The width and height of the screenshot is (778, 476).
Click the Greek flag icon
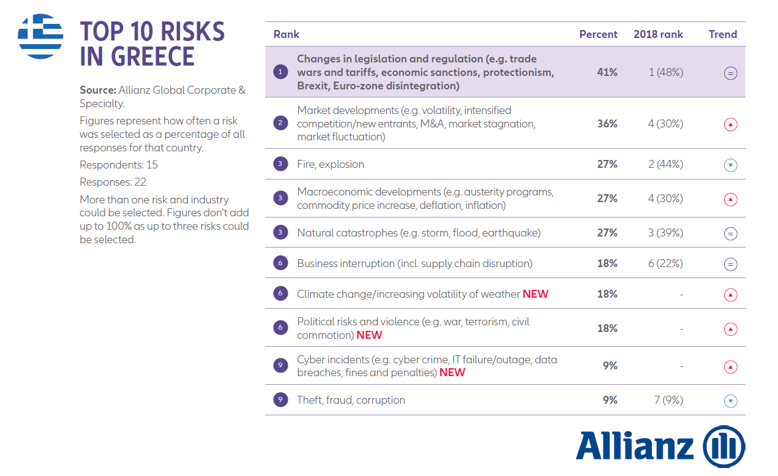pos(40,36)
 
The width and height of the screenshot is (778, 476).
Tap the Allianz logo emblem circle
pos(724,446)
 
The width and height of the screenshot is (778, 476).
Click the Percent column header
pos(598,34)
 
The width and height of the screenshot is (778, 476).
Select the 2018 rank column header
pos(658,34)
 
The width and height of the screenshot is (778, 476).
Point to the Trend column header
pos(723,34)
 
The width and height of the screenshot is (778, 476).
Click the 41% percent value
pos(607,72)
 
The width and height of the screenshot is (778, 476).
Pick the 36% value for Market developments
pos(607,124)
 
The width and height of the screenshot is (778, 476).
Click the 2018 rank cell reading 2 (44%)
pos(665,164)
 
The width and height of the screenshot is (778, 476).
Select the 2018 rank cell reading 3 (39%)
pos(665,233)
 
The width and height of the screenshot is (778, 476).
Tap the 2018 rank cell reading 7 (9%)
pos(668,400)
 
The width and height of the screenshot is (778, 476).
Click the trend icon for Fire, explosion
pos(730,165)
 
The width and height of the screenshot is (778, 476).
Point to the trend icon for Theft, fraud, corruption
pos(730,401)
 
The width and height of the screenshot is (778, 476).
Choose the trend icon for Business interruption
pos(730,264)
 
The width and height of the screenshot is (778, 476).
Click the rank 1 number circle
pos(280,72)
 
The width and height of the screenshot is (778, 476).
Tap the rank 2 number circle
pos(280,124)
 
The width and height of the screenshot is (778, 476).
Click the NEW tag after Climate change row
pos(536,294)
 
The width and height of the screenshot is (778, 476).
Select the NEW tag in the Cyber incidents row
pos(452,372)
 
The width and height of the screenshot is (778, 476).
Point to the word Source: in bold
pos(98,90)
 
